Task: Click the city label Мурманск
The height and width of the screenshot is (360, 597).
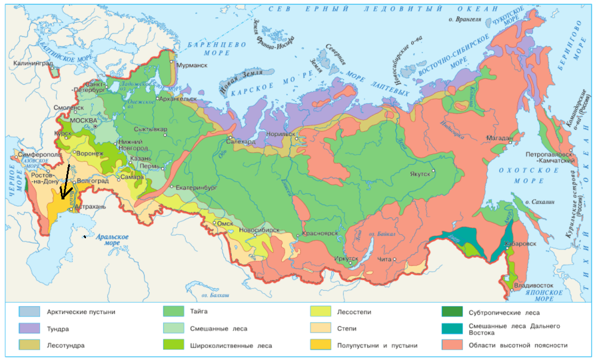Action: click(x=194, y=65)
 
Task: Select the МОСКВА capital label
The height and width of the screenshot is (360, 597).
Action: click(x=83, y=120)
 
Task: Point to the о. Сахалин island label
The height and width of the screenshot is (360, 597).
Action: click(x=541, y=202)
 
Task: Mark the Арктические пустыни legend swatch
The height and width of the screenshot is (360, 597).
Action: click(x=29, y=311)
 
